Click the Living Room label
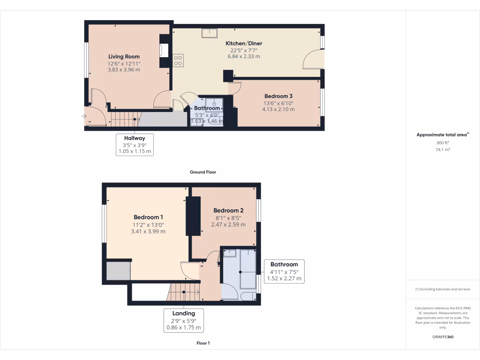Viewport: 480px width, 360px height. click(x=124, y=57)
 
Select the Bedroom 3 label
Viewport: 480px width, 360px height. click(x=278, y=96)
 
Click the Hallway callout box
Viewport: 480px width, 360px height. click(x=135, y=145)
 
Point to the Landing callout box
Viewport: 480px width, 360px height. click(x=183, y=320)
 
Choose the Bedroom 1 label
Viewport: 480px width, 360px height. click(x=148, y=217)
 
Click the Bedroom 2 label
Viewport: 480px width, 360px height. click(x=228, y=210)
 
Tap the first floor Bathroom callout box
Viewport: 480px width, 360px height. click(x=284, y=271)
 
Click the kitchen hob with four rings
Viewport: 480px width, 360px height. click(x=178, y=60)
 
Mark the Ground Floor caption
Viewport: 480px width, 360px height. click(x=203, y=172)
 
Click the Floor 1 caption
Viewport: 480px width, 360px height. click(x=203, y=343)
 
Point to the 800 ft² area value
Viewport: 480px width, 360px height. click(x=442, y=142)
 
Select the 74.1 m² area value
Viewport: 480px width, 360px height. click(x=442, y=150)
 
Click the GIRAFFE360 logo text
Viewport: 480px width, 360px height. click(x=442, y=337)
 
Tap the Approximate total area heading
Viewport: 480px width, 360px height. click(x=442, y=135)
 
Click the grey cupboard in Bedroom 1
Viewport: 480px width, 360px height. click(x=118, y=271)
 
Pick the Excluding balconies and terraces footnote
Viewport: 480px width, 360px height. click(x=442, y=289)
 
